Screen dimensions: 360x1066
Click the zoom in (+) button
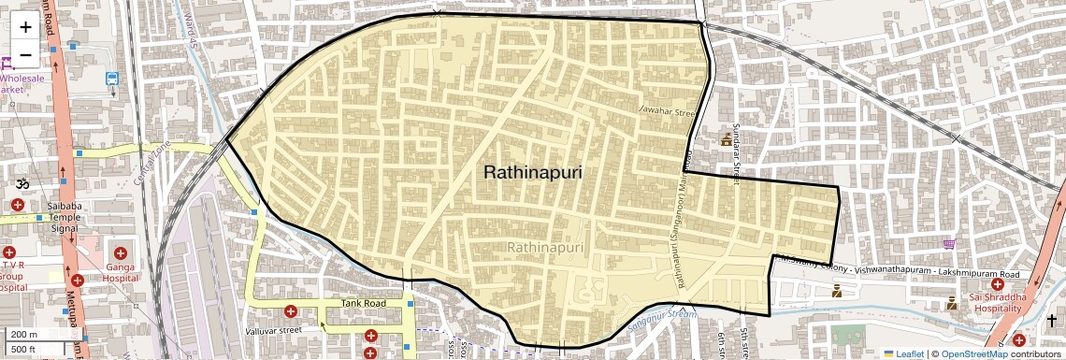pos(25,26)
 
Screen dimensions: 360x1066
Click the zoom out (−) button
pos(25,54)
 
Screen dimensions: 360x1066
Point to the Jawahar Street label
pos(669,111)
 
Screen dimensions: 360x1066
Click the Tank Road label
pos(363,303)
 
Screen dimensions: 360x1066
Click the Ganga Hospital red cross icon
pos(121,252)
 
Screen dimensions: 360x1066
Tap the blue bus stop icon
pos(112,79)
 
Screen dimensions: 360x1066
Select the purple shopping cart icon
pos(949,244)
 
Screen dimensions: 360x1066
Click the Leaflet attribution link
pos(903,354)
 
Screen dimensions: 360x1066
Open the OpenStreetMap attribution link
pos(973,354)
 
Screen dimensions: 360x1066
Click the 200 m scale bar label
pos(24,334)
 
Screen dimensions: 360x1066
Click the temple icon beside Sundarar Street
pos(725,139)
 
